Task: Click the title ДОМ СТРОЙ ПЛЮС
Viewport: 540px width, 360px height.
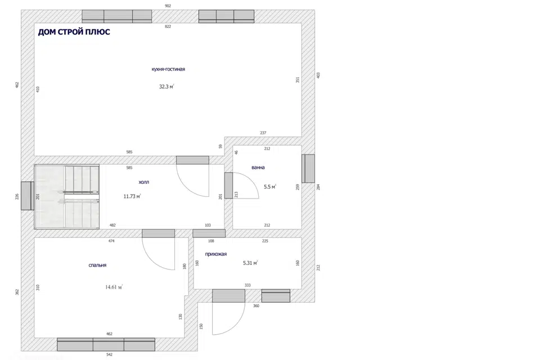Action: [74, 32]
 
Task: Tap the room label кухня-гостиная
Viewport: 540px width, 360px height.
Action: [168, 69]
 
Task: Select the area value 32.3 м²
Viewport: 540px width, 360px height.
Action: [166, 87]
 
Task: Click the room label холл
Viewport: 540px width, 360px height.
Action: [143, 182]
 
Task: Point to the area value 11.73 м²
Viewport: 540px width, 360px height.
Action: [132, 196]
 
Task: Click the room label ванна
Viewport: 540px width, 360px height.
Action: [258, 168]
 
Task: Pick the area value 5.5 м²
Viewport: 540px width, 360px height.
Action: [270, 187]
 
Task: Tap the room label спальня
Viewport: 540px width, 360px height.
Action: [97, 265]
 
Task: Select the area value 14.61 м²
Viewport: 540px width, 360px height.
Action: [114, 287]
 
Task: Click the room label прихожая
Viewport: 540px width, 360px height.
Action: [216, 254]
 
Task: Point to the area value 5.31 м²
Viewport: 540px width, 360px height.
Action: [250, 263]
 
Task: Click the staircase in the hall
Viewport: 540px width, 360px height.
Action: [67, 197]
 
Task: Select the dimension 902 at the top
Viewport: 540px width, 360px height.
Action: [168, 6]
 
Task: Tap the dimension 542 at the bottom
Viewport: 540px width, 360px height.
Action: [109, 354]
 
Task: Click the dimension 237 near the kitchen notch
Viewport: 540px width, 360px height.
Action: [263, 133]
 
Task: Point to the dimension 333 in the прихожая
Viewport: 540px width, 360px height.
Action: [247, 285]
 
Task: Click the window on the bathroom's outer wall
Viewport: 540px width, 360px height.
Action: [308, 168]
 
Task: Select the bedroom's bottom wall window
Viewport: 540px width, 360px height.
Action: [106, 344]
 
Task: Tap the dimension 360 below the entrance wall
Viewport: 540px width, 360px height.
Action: [256, 306]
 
